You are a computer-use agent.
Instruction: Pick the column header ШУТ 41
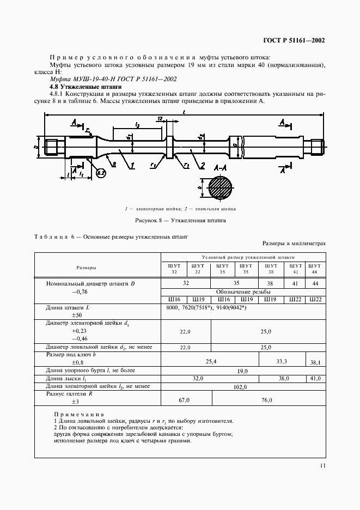click(296, 269)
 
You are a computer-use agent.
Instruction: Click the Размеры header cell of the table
click(97, 268)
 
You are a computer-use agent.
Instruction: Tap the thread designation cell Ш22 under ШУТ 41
click(296, 299)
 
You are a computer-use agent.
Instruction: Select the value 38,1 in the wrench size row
click(316, 362)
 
